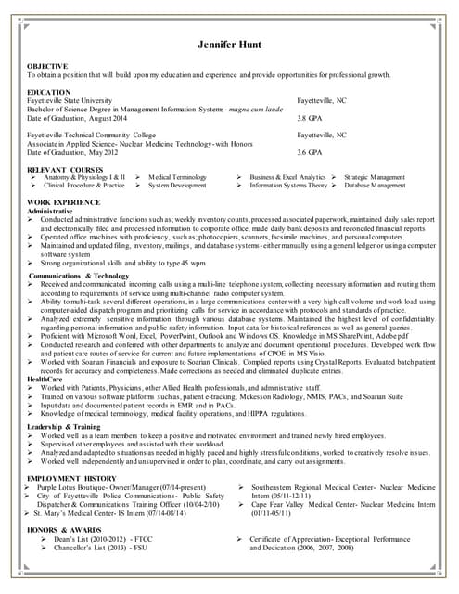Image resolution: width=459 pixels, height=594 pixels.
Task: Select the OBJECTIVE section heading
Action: point(47,66)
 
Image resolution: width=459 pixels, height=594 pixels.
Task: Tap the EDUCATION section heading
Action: point(48,93)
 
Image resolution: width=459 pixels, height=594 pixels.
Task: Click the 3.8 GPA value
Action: point(309,118)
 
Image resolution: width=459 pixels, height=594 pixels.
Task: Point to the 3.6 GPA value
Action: point(309,151)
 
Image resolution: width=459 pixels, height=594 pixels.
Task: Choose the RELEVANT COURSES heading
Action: point(65,169)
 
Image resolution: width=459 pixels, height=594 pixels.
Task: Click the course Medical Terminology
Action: point(177,176)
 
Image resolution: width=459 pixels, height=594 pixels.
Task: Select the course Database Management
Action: point(375,185)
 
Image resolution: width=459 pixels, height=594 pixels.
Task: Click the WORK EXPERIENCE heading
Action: point(64,201)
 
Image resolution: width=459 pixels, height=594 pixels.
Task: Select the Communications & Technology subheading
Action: point(79,276)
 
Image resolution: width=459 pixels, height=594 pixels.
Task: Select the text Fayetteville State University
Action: point(70,100)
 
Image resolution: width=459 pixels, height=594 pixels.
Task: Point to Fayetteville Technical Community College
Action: point(92,135)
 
